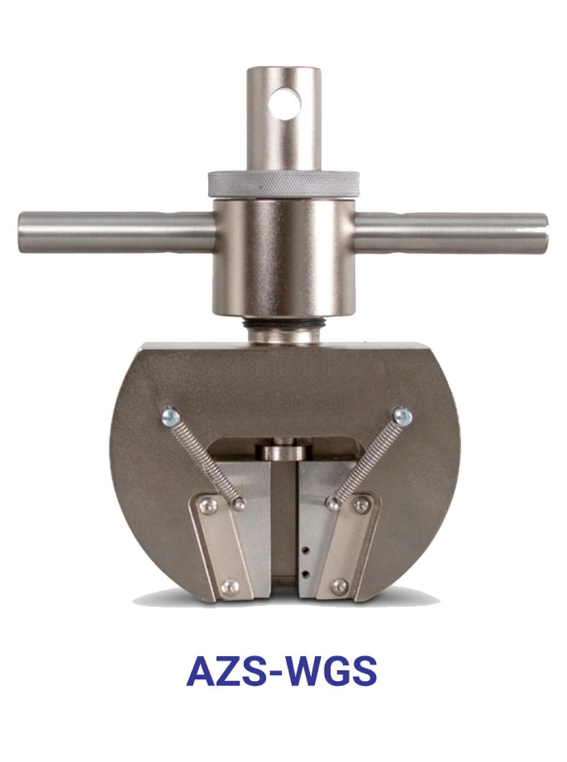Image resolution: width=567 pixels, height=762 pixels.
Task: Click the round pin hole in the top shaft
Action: (285, 104)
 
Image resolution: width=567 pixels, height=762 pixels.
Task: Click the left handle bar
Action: (117, 233)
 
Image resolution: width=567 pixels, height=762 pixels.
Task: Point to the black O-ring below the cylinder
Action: (283, 324)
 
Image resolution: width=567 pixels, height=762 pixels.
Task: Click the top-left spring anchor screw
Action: (171, 416)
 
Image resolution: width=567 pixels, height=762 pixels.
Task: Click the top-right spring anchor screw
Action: (403, 416)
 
